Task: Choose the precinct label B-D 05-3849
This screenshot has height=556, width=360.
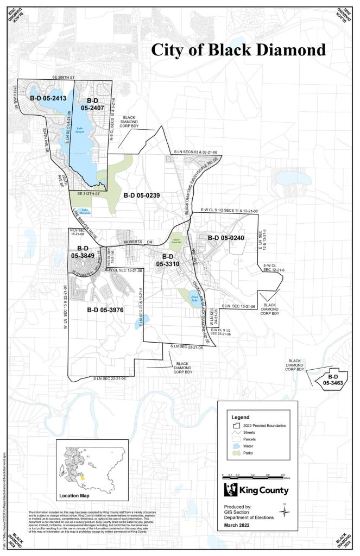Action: click(83, 250)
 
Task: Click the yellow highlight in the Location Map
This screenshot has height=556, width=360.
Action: click(83, 478)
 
